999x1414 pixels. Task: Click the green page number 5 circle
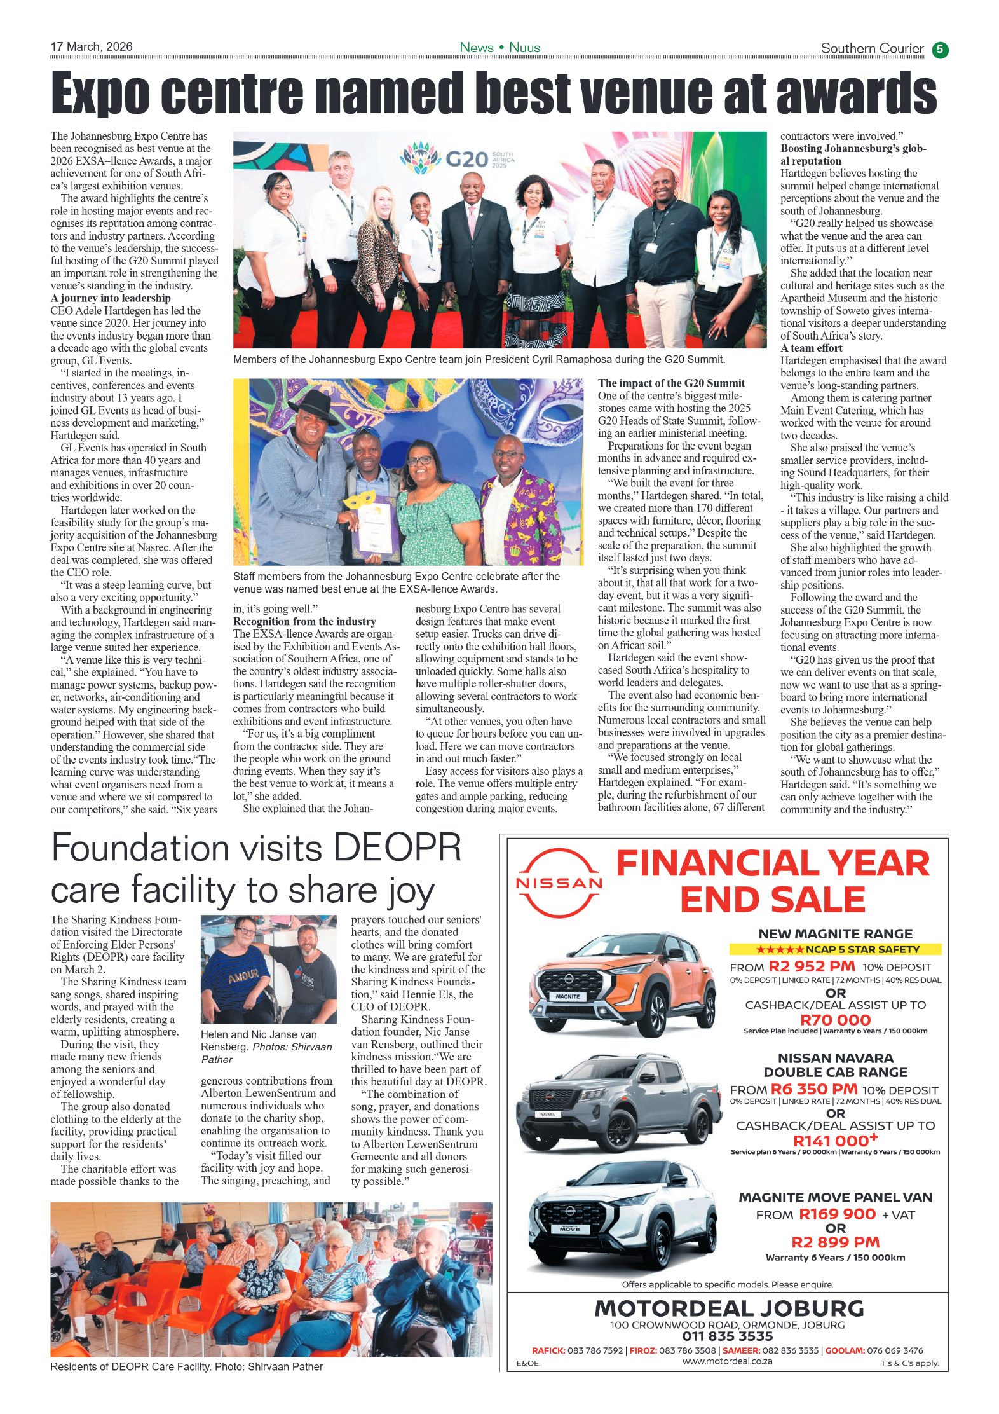[940, 50]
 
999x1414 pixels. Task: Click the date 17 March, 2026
[92, 46]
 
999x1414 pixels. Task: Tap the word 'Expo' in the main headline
[100, 93]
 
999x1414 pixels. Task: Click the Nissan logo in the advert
[559, 882]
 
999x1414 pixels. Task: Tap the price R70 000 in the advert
[835, 1020]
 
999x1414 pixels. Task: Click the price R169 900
[837, 1214]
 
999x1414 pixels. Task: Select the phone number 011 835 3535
[727, 1336]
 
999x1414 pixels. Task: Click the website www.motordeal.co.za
[727, 1361]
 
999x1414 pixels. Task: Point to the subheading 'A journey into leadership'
[111, 298]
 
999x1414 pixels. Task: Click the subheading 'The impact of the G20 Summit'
[671, 383]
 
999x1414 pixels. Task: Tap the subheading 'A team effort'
[811, 348]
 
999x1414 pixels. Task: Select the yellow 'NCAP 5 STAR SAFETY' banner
[835, 949]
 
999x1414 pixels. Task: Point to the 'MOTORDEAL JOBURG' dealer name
[729, 1308]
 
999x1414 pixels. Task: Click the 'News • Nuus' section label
[499, 48]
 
